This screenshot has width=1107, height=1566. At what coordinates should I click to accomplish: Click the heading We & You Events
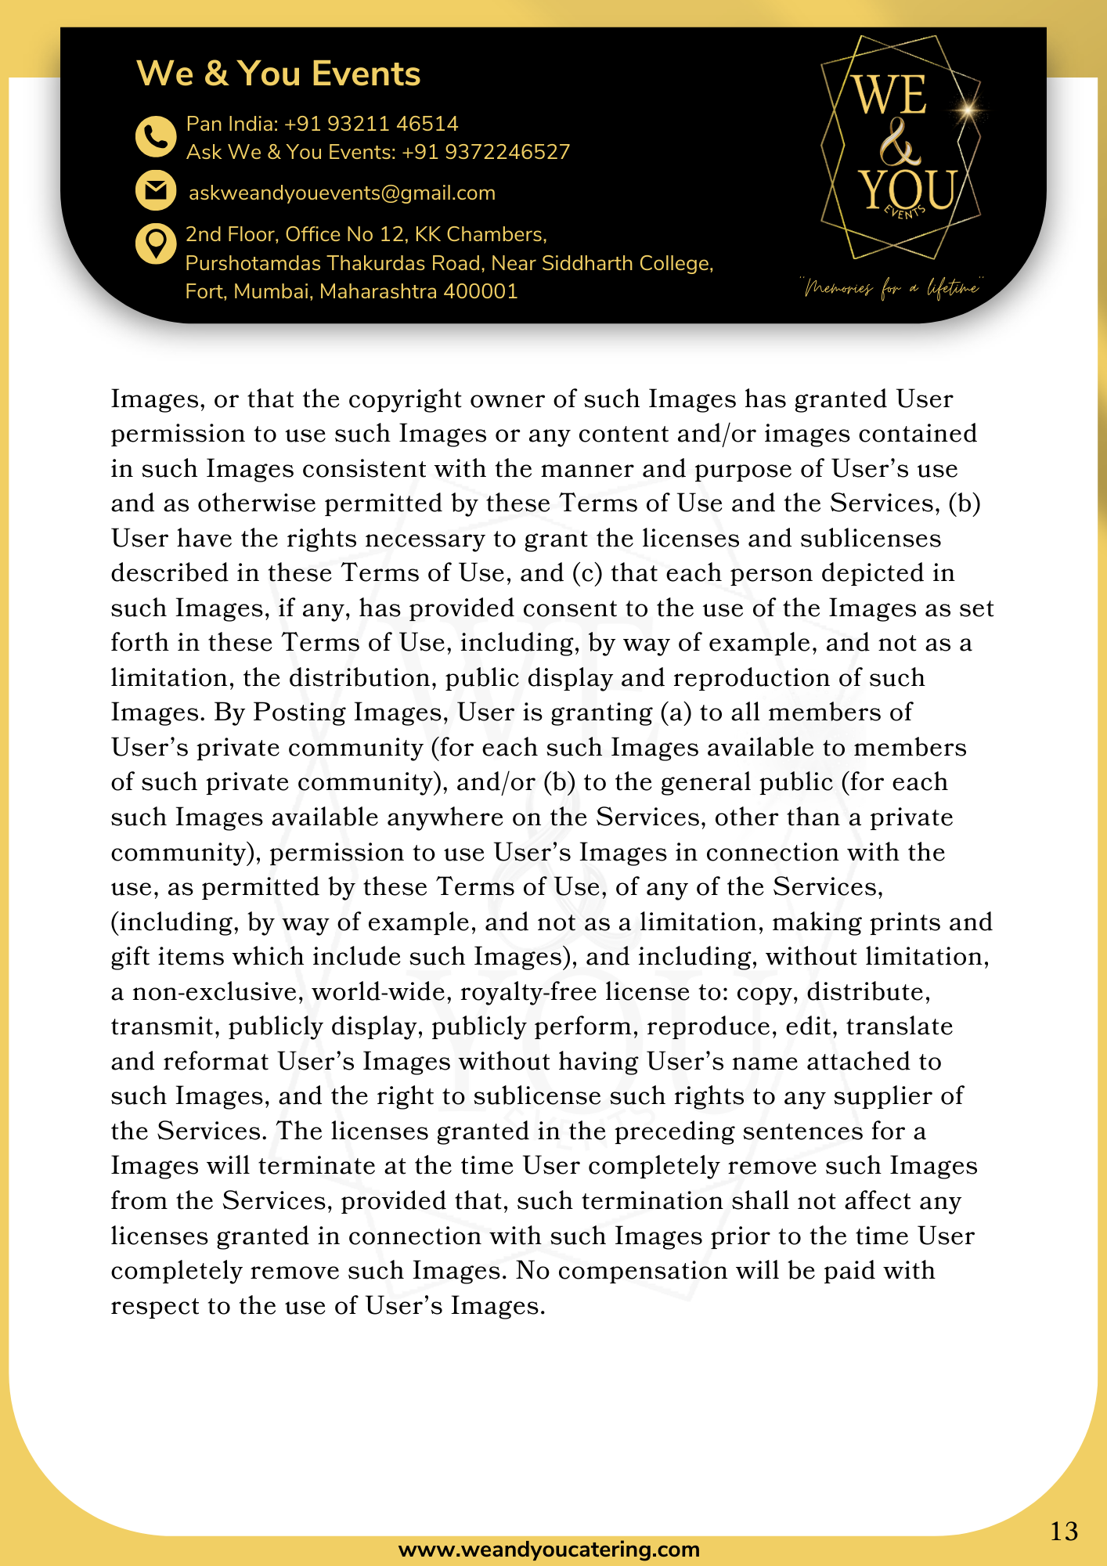pos(278,74)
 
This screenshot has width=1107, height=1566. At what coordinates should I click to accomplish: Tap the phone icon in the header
pos(156,137)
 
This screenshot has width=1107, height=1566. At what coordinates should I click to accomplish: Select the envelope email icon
pos(156,190)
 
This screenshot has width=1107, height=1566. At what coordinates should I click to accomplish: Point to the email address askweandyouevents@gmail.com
pos(342,193)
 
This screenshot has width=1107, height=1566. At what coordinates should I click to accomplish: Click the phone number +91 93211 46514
pos(371,124)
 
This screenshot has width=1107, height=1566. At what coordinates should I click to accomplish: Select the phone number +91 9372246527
pos(485,152)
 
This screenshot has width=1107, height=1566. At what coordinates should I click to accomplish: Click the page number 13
pos(1064,1531)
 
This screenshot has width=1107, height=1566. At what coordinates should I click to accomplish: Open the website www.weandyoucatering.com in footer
pos(549,1550)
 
